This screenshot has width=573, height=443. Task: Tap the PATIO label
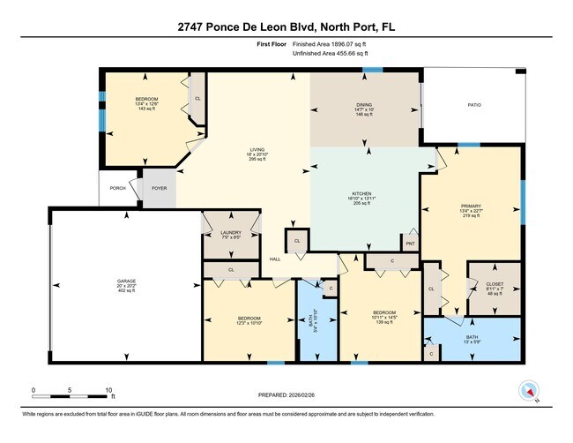[x=473, y=105]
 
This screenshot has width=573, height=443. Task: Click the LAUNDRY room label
[x=230, y=233]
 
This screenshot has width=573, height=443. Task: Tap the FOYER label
[x=160, y=188]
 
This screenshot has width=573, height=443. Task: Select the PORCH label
[x=115, y=188]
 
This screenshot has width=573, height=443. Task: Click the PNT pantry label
[x=410, y=243]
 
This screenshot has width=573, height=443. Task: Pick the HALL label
[x=274, y=259]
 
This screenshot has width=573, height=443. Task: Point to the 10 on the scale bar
[x=108, y=389]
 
